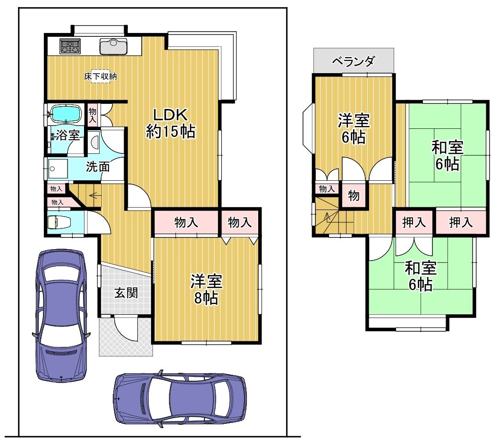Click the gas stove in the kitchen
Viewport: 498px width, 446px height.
pyautogui.click(x=70, y=46)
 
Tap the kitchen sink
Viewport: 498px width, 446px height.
pyautogui.click(x=114, y=46)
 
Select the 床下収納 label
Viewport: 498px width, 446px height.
pyautogui.click(x=101, y=76)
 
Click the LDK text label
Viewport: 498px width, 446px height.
pyautogui.click(x=170, y=115)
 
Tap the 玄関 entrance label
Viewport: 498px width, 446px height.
pyautogui.click(x=126, y=293)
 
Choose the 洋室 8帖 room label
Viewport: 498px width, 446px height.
pyautogui.click(x=206, y=289)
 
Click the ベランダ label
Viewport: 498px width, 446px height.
pyautogui.click(x=354, y=61)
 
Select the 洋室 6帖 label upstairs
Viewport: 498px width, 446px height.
pyautogui.click(x=354, y=128)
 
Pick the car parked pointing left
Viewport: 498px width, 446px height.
pyautogui.click(x=180, y=399)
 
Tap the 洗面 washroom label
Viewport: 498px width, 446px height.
pyautogui.click(x=98, y=167)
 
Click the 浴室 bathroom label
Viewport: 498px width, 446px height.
pyautogui.click(x=68, y=135)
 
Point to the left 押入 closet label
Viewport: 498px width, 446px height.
pyautogui.click(x=414, y=222)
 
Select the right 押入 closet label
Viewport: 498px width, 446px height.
pyautogui.click(x=461, y=222)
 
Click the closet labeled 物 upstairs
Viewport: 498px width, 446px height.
pyautogui.click(x=354, y=196)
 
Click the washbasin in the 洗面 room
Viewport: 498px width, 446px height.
pyautogui.click(x=58, y=168)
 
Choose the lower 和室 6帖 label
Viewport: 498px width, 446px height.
pyautogui.click(x=421, y=276)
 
